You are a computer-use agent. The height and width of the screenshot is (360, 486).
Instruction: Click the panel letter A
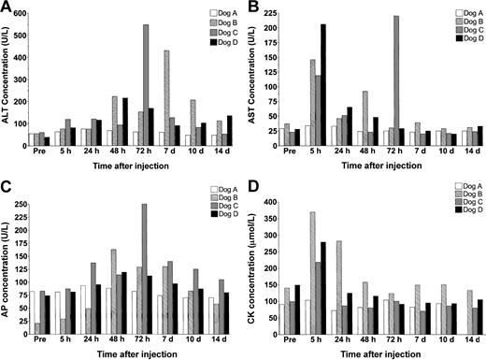pyautogui.click(x=7, y=7)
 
